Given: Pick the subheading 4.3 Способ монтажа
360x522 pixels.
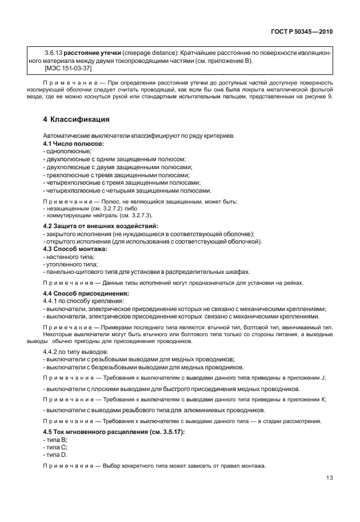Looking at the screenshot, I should [x=75, y=249].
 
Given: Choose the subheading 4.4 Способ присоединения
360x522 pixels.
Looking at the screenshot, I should [x=86, y=293].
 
